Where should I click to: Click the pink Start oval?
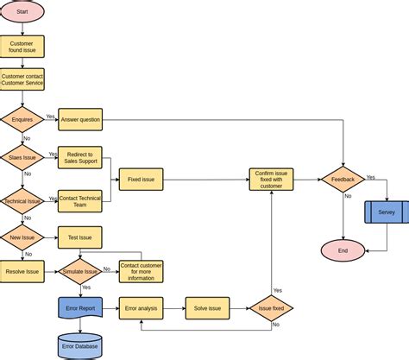[x=22, y=12]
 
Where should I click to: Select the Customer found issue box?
[x=22, y=47]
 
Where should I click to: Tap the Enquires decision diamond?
[x=22, y=118]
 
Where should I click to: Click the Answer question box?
[x=79, y=119]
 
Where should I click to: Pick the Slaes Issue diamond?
[x=22, y=157]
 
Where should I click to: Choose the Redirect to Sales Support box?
[x=79, y=157]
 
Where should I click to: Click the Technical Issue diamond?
[x=22, y=200]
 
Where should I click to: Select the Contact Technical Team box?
[x=79, y=200]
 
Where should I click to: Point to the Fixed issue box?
[x=141, y=180]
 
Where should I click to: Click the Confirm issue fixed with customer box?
[x=272, y=180]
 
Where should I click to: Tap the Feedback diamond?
[x=343, y=180]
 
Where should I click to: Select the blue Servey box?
[x=387, y=212]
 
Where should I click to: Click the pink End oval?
[x=343, y=250]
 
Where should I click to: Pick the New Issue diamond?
[x=22, y=237]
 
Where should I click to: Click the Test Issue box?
[x=79, y=237]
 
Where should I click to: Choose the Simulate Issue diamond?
[x=79, y=271]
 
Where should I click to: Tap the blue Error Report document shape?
[x=81, y=308]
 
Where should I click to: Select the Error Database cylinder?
[x=80, y=345]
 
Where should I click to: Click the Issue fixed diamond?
[x=272, y=308]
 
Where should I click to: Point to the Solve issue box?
[x=207, y=308]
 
